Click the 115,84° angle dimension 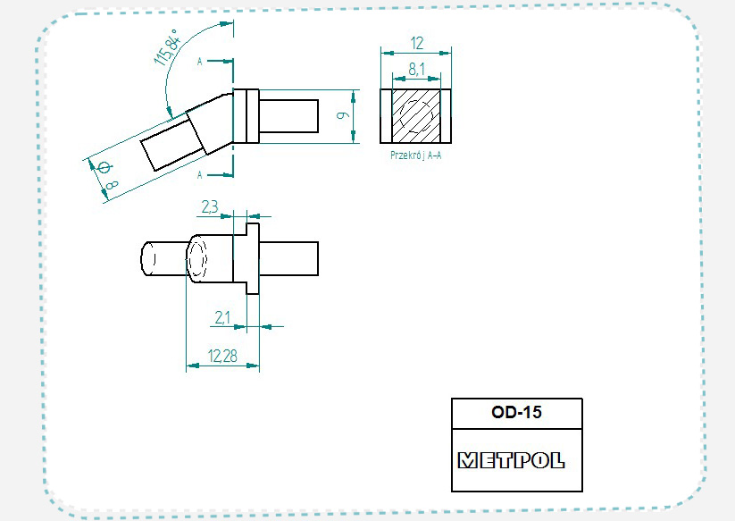click(166, 46)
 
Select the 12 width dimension click(417, 43)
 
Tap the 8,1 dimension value click(417, 69)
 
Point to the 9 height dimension click(343, 115)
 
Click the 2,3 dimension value click(210, 206)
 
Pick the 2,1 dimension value click(222, 317)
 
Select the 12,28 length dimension click(222, 356)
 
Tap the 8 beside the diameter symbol click(112, 185)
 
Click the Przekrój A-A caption click(416, 155)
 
